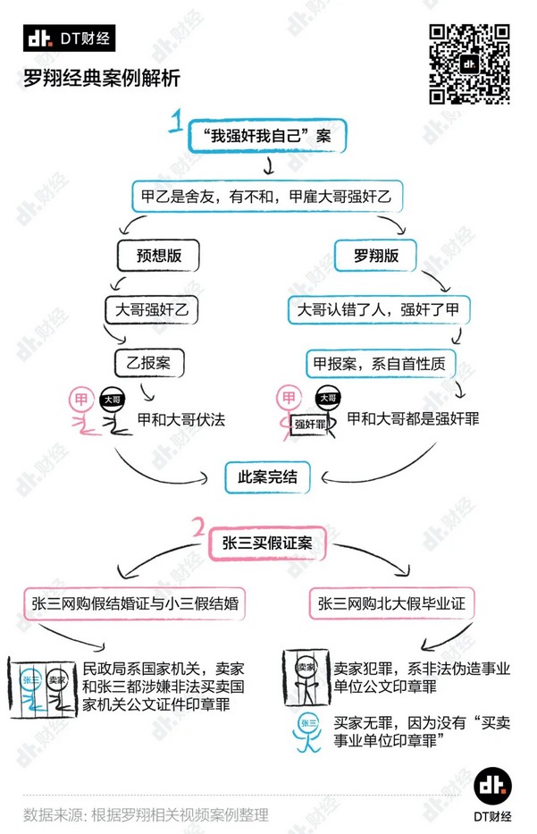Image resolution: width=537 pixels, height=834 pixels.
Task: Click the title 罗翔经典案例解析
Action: (103, 80)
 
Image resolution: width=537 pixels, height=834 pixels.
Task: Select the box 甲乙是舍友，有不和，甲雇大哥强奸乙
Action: (267, 194)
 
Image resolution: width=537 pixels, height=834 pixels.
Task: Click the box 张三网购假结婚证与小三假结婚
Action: (137, 603)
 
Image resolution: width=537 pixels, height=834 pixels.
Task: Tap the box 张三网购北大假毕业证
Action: (391, 603)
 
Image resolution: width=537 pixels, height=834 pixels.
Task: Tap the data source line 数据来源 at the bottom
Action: (146, 814)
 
